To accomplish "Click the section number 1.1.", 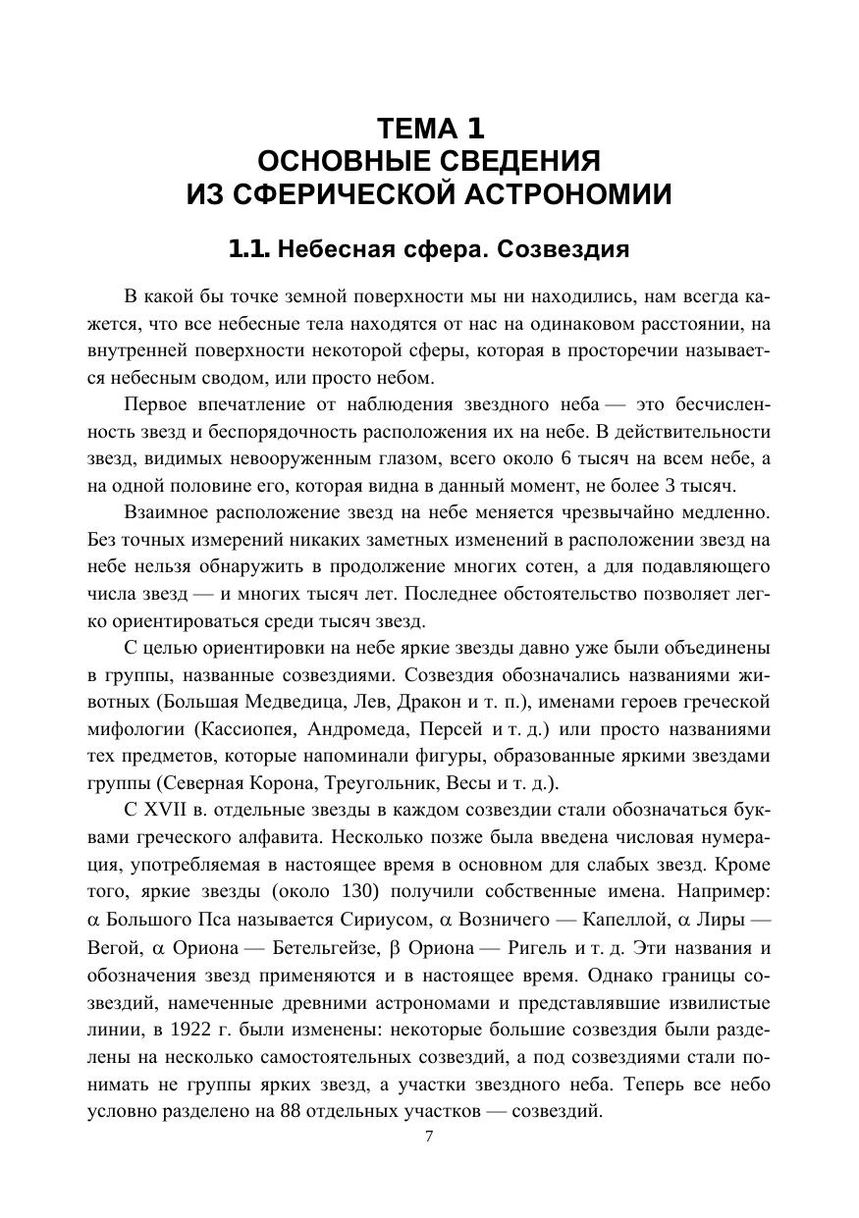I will [248, 249].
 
